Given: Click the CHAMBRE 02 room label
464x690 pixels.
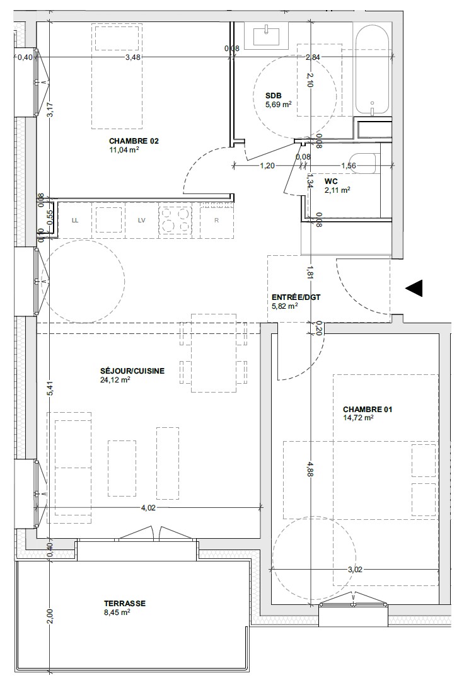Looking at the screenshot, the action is point(134,141).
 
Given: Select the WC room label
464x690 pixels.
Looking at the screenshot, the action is point(331,181).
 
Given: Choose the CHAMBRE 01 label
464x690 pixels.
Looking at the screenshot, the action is point(368,409).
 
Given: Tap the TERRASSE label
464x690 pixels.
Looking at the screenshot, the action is point(125,603).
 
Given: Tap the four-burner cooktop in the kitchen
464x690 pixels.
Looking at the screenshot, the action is point(175,220).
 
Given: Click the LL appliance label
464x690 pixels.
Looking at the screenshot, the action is point(75,220).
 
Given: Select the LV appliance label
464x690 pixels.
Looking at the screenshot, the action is point(141,220).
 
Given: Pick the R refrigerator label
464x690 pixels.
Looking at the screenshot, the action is point(216,220).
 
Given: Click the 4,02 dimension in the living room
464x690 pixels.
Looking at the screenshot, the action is point(148,507).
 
